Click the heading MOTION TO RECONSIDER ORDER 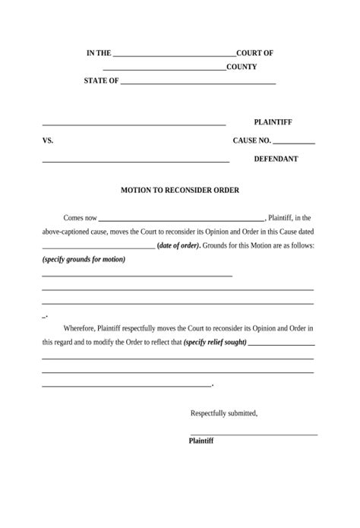click(x=180, y=190)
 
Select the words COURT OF click(x=254, y=53)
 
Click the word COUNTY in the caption click(x=242, y=67)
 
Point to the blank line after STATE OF click(x=197, y=83)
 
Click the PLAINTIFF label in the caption click(x=273, y=122)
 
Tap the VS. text click(x=48, y=141)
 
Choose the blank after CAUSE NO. click(x=294, y=144)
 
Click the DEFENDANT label click(x=276, y=160)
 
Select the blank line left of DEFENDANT click(x=135, y=162)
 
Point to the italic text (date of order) click(x=178, y=245)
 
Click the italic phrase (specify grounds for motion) click(x=84, y=260)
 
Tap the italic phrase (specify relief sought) click(x=215, y=342)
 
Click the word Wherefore click(x=81, y=328)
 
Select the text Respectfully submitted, click(x=224, y=413)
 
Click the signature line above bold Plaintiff click(x=253, y=435)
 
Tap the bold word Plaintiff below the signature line click(x=201, y=441)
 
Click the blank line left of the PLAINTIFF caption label click(x=134, y=125)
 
